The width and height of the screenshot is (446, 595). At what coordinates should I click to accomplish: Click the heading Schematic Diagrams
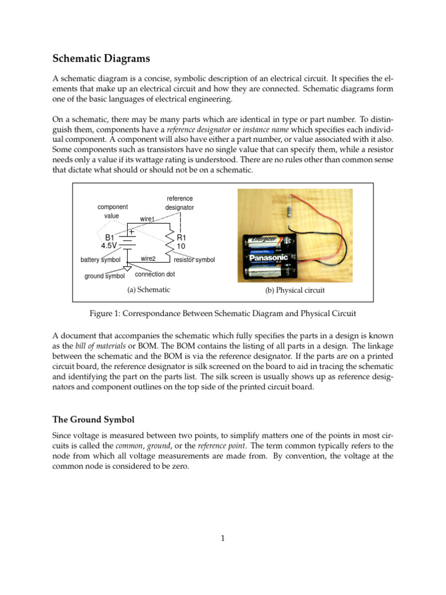(101, 58)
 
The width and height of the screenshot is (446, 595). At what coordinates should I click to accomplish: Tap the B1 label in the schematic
(109, 237)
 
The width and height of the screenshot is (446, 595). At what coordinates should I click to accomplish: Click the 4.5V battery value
(110, 246)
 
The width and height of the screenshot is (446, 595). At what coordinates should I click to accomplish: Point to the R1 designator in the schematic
(181, 238)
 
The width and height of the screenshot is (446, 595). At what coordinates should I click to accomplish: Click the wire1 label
(148, 219)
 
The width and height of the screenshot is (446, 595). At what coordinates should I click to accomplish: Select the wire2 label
(149, 258)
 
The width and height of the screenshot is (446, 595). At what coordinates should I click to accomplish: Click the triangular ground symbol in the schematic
(127, 268)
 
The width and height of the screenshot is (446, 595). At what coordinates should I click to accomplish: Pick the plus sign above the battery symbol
(132, 231)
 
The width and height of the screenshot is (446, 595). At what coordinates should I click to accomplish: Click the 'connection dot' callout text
(154, 274)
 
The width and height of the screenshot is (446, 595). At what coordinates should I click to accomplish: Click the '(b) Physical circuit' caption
(294, 290)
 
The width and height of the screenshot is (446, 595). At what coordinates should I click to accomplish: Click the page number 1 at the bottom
(222, 539)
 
